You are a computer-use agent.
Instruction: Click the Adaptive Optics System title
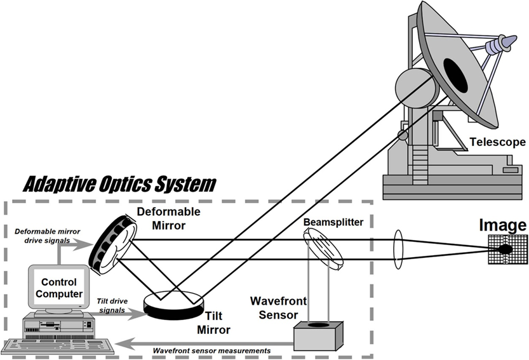pyautogui.click(x=119, y=184)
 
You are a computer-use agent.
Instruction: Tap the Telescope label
pyautogui.click(x=498, y=142)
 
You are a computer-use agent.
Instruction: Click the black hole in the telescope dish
pyautogui.click(x=455, y=76)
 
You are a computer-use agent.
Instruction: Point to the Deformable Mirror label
pyautogui.click(x=168, y=218)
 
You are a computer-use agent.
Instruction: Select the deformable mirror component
pyautogui.click(x=112, y=244)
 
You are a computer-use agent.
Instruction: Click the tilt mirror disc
pyautogui.click(x=174, y=303)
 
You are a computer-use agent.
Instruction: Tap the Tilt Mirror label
pyautogui.click(x=213, y=323)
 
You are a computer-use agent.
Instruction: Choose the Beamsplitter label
pyautogui.click(x=333, y=222)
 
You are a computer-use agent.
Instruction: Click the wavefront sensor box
pyautogui.click(x=318, y=336)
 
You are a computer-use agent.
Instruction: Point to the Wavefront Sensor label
pyautogui.click(x=278, y=308)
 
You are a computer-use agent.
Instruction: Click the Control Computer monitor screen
pyautogui.click(x=59, y=288)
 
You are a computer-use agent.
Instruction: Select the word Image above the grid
pyautogui.click(x=503, y=225)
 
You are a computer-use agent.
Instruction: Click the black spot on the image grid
pyautogui.click(x=505, y=250)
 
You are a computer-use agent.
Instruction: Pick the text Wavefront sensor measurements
pyautogui.click(x=211, y=351)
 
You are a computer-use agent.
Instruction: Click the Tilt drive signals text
pyautogui.click(x=112, y=305)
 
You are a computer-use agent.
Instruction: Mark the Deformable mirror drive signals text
pyautogui.click(x=47, y=236)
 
